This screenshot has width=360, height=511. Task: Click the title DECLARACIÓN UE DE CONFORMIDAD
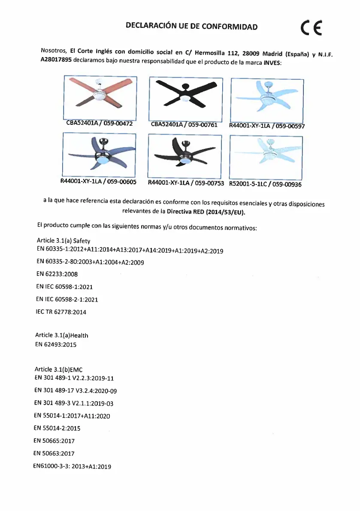[x=192, y=26]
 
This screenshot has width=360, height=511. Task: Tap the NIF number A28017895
[x=56, y=60]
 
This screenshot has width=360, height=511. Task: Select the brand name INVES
[x=272, y=62]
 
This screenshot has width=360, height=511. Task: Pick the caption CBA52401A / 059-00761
[x=185, y=124]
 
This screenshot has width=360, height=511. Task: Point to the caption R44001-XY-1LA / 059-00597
[x=267, y=126]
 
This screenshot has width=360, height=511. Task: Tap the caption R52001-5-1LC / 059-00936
[x=265, y=184]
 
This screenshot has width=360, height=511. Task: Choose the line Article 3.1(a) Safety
[x=64, y=241]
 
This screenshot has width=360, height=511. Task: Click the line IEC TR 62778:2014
[x=61, y=312]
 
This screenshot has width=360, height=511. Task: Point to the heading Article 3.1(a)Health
[x=62, y=335]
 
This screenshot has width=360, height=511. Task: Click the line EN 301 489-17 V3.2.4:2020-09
[x=75, y=390]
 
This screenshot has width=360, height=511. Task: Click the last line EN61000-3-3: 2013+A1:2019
[x=72, y=466]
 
